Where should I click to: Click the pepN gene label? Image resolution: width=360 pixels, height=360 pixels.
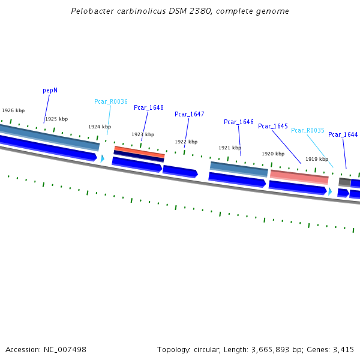click(x=50, y=91)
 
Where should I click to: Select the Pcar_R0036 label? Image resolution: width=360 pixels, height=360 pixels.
click(x=111, y=102)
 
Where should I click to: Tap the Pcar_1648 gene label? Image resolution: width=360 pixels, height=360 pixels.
click(x=149, y=108)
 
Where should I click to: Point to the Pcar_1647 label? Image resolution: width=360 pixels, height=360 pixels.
click(x=190, y=115)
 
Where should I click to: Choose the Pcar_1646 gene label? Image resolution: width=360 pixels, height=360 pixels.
click(x=239, y=122)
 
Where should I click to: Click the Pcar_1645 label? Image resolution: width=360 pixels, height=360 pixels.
click(x=273, y=127)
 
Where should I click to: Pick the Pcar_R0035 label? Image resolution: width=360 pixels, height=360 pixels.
click(x=308, y=131)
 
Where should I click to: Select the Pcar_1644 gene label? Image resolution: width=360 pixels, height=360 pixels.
click(x=343, y=135)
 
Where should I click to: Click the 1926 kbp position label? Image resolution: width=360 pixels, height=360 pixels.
click(x=13, y=111)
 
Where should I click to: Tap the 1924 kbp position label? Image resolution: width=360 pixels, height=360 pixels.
click(x=100, y=127)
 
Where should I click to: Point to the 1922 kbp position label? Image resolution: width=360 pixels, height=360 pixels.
click(x=186, y=142)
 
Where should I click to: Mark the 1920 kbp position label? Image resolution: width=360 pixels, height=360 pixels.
click(x=273, y=154)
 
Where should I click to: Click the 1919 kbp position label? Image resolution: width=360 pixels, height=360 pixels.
click(x=317, y=160)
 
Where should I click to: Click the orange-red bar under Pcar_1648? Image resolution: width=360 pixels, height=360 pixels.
click(x=139, y=152)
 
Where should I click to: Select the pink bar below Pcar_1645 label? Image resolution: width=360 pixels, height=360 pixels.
click(x=299, y=176)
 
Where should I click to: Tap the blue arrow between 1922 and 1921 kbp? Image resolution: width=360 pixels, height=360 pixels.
click(x=180, y=172)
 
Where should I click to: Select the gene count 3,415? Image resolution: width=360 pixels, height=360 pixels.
click(x=343, y=349)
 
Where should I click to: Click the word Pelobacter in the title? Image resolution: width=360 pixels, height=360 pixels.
click(x=91, y=11)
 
